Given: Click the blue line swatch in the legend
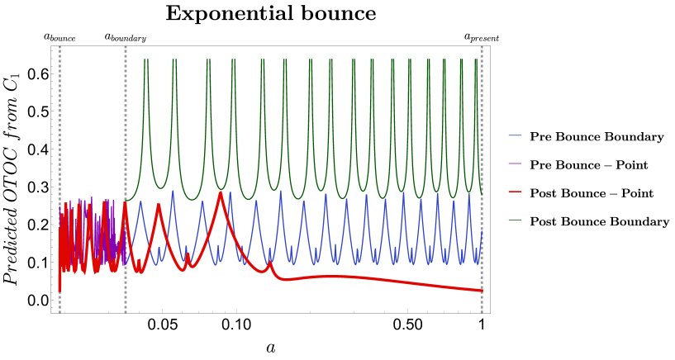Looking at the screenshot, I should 515,135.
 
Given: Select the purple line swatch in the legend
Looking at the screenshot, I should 515,163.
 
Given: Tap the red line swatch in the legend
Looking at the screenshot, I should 515,192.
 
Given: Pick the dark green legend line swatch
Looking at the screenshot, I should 515,220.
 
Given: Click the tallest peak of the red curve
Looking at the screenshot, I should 221,192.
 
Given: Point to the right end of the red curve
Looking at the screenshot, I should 482,291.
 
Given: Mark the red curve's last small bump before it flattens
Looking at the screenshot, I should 269,263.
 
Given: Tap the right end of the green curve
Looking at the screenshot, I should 482,194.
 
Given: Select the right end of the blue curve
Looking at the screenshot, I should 482,231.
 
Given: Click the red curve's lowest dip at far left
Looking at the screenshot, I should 59,290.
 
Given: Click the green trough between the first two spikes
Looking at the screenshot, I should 159,187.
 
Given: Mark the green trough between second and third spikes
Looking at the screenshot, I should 191,199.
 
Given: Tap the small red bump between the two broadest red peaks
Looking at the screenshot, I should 188,255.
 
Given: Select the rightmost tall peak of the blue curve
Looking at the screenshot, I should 469,195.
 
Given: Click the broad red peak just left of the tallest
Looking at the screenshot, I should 158,205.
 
